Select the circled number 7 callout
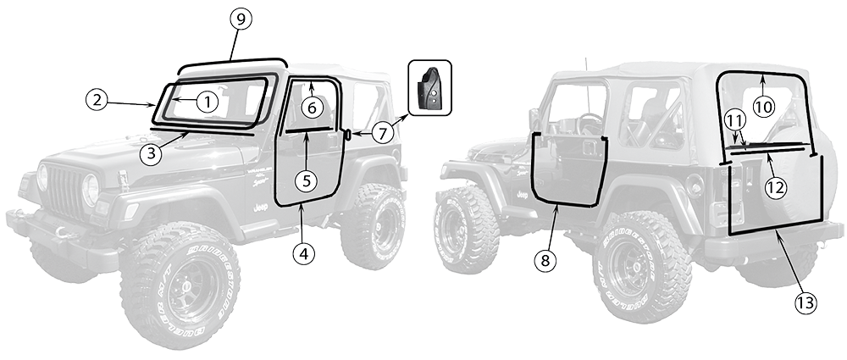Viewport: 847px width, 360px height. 382,133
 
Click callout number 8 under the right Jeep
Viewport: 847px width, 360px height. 547,261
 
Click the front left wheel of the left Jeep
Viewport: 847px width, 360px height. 179,285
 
